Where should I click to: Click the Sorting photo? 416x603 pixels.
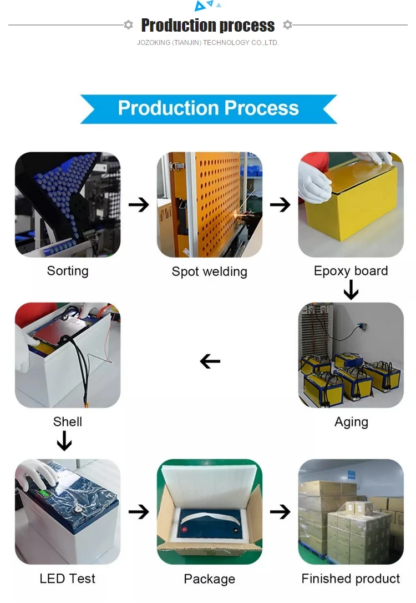coord(68,204)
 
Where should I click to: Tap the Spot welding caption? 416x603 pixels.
coord(209,272)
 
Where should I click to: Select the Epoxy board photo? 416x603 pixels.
coord(351,204)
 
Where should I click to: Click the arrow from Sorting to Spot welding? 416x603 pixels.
coord(139,205)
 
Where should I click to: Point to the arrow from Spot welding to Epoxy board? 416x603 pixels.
coord(280,205)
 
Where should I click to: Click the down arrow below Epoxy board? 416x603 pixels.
coord(351,289)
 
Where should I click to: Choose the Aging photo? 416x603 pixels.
coord(351,355)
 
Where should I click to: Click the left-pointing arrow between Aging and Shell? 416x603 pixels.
coord(210,361)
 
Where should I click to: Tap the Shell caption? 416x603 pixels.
coord(68,422)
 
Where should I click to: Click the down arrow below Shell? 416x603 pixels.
coord(64,441)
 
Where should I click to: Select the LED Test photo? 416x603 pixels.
coord(68,511)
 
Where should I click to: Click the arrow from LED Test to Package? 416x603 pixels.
coord(139,511)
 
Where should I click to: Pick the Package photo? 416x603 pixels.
coord(209,511)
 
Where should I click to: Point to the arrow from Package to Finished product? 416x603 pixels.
coord(280,511)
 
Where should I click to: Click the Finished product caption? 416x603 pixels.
coord(351,579)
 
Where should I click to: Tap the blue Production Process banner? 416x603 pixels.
coord(209,108)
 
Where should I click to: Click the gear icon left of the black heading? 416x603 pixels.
coord(129,25)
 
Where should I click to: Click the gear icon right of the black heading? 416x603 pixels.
coord(287,25)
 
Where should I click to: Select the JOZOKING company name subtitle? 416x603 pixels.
coord(208,43)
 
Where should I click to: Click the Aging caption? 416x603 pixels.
coord(351,422)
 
